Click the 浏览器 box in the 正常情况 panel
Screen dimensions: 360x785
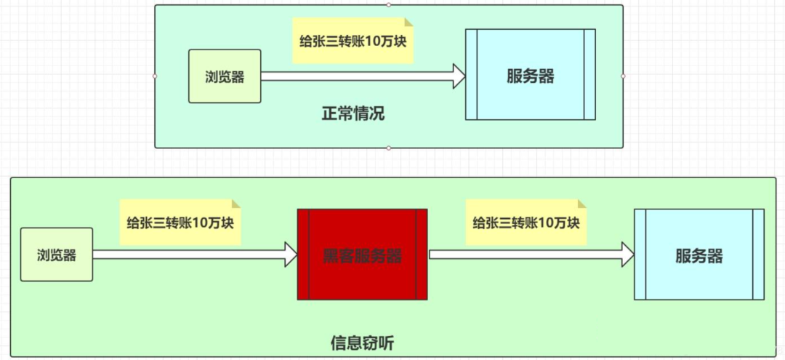point(225,76)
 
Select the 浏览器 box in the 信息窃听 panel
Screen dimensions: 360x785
point(57,255)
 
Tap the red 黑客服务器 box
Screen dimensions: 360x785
point(362,255)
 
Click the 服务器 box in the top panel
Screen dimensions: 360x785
point(531,75)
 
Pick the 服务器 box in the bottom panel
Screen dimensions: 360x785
point(699,255)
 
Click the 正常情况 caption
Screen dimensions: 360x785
point(353,113)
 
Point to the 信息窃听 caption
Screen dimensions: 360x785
point(362,343)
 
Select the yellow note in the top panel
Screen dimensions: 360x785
point(352,40)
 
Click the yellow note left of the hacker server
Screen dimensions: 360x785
point(180,221)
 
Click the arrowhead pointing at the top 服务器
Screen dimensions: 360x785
point(459,76)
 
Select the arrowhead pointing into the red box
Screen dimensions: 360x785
point(291,255)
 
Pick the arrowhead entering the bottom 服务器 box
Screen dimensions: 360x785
point(627,255)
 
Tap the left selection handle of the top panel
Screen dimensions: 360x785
point(155,76)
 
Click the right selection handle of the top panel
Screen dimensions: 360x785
point(623,76)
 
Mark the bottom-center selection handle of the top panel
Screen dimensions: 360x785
point(389,148)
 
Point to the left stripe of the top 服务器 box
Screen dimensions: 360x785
point(471,75)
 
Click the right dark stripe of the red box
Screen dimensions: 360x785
point(422,255)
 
